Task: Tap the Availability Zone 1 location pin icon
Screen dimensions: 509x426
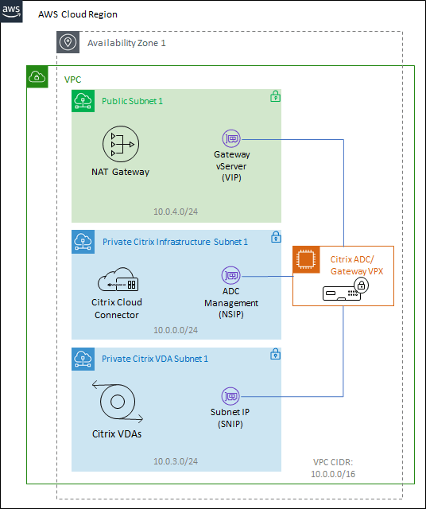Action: [68, 43]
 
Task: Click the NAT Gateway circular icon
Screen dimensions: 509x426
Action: [119, 145]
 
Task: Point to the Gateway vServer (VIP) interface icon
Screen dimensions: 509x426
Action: [232, 138]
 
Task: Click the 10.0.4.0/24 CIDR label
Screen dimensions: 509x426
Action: [176, 212]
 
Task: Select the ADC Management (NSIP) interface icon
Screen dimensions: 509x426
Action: [231, 276]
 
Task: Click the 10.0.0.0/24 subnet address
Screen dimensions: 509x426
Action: [176, 328]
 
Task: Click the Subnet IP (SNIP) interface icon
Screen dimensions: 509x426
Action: [231, 395]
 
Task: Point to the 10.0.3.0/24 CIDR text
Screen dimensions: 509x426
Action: [176, 460]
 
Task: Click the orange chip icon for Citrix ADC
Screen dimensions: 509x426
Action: [307, 259]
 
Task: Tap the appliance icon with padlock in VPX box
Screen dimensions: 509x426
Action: [343, 289]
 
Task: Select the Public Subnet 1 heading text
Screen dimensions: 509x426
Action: [132, 101]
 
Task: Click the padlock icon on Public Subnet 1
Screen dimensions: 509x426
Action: [275, 96]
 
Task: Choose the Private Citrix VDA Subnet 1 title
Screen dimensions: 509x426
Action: [155, 359]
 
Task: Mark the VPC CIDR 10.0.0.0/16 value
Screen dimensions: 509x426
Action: [334, 473]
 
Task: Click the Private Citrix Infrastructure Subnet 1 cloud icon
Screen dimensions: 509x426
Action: [83, 241]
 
